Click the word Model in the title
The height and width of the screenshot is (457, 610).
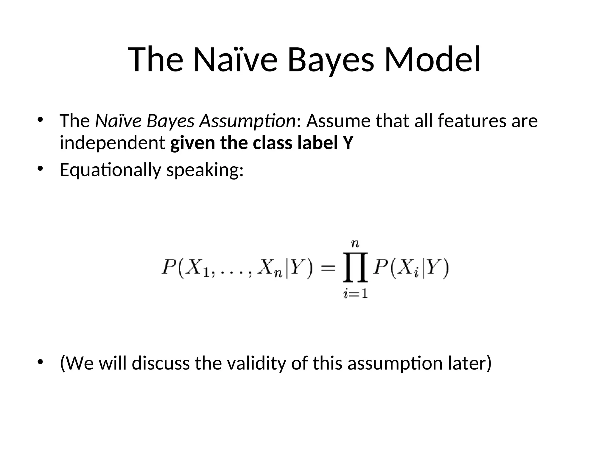[432, 60]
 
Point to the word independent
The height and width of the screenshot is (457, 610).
[112, 143]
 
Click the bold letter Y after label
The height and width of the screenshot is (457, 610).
[348, 143]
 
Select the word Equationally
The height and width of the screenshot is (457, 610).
[110, 170]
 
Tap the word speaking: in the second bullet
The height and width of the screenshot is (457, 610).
[205, 170]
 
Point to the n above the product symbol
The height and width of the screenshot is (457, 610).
[355, 244]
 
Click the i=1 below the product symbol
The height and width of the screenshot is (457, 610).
[355, 294]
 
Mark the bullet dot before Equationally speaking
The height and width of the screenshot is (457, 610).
[40, 169]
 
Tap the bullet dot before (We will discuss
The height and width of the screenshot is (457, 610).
[40, 362]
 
